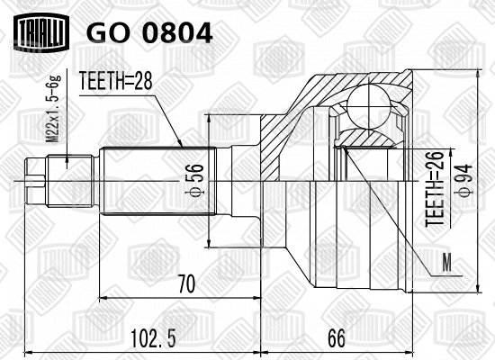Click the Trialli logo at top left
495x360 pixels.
click(x=41, y=31)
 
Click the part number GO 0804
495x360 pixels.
click(x=149, y=32)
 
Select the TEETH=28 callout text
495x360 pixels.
click(x=115, y=80)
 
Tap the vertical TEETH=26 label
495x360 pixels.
click(x=435, y=189)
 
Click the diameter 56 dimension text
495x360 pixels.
click(x=198, y=180)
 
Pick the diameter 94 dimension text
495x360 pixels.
click(x=466, y=181)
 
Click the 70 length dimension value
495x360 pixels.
click(x=186, y=283)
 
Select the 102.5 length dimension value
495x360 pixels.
click(x=153, y=338)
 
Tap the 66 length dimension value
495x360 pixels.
click(x=337, y=338)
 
